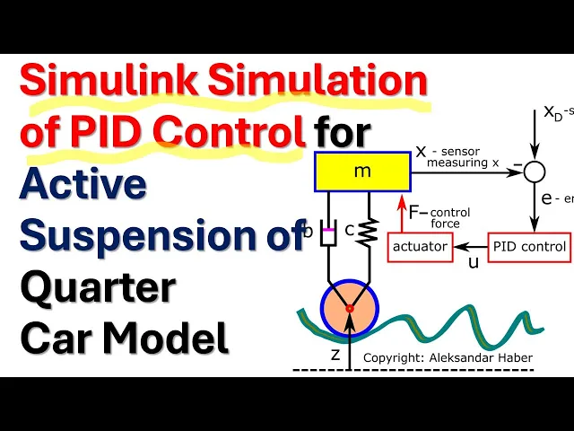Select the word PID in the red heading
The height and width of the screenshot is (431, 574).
point(111,133)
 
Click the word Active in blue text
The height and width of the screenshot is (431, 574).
point(83,184)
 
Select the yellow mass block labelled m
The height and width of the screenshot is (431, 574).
point(362,172)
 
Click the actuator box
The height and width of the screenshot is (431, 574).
point(420,245)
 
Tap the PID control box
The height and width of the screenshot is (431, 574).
point(528,245)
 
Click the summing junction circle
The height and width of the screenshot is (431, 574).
point(534,171)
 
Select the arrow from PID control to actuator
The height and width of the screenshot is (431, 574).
point(469,245)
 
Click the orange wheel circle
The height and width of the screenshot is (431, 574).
point(351,309)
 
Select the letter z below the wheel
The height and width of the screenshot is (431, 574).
point(335,354)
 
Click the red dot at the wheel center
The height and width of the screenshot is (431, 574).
point(351,309)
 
